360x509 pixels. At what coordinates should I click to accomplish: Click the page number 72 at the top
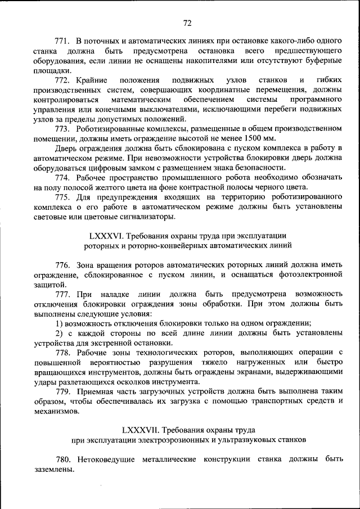coord(187,23)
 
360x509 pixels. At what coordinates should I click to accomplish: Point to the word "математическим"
coord(146,100)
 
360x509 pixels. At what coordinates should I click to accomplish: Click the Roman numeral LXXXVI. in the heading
coord(109,236)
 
